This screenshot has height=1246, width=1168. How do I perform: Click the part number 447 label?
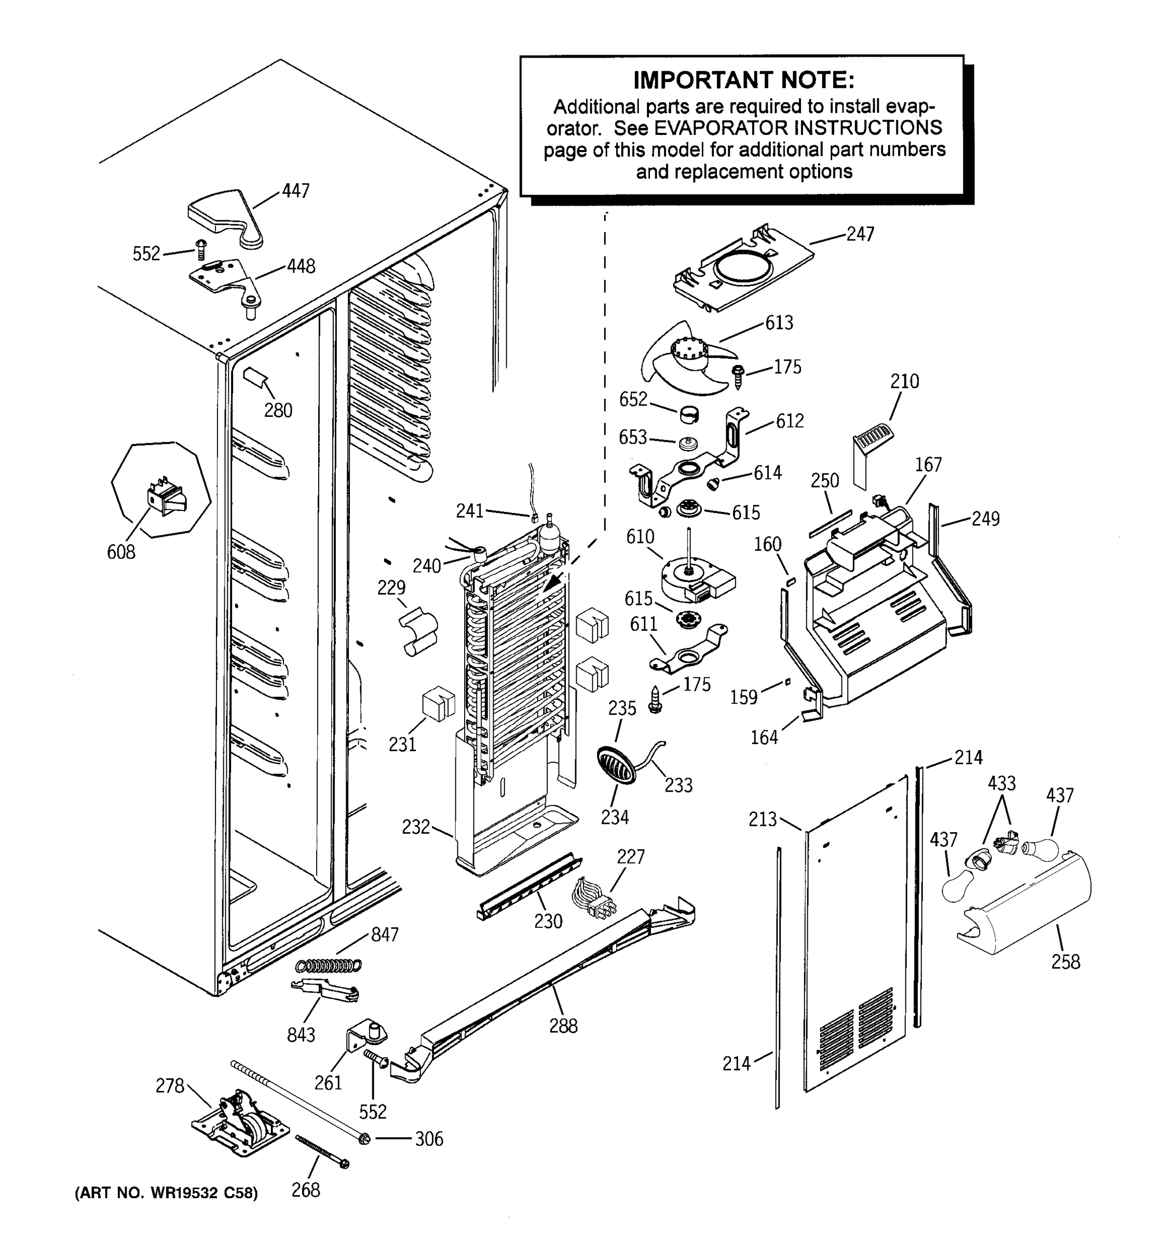(x=296, y=191)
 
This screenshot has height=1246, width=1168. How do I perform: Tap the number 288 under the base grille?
(x=563, y=1026)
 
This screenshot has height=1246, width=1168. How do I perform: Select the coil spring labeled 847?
(x=329, y=966)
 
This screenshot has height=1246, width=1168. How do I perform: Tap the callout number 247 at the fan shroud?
(x=860, y=234)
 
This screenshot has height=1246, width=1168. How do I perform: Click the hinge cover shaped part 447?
(x=226, y=216)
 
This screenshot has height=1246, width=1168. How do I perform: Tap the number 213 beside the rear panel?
(x=762, y=819)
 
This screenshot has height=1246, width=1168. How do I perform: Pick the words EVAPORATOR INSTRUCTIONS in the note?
(x=798, y=128)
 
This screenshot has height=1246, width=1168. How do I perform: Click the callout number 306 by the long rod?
(x=429, y=1139)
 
